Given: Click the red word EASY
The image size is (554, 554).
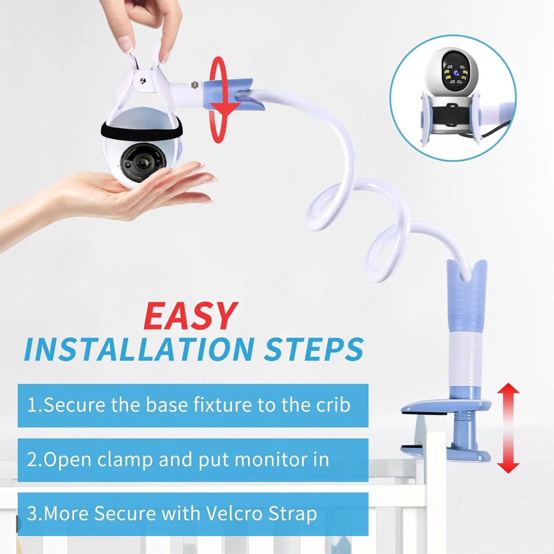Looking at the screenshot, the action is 191,316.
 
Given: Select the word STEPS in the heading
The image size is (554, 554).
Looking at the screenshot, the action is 314,349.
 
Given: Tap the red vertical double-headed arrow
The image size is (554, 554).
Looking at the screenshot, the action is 508,428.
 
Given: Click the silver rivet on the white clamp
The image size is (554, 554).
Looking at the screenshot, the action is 143,81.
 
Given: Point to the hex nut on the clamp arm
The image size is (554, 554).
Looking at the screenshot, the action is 194,85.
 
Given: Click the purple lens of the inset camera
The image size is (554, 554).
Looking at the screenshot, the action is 456,73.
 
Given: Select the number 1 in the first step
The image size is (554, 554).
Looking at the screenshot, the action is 32,406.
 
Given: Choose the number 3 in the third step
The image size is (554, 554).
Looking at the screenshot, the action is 32,514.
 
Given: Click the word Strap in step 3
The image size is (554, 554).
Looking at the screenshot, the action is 293,514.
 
